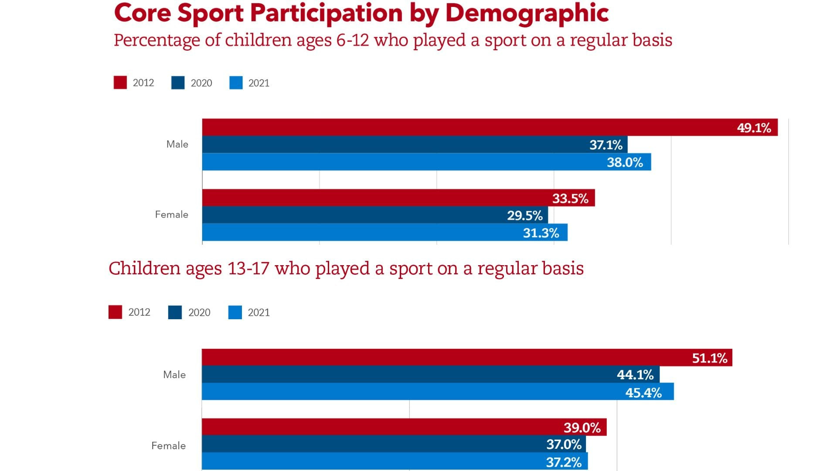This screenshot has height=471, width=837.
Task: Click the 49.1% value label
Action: click(754, 128)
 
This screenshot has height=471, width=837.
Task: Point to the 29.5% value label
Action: click(524, 215)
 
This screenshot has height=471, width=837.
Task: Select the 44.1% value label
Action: click(635, 375)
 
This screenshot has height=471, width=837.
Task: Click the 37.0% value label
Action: click(564, 444)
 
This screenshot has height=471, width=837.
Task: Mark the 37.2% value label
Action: click(564, 462)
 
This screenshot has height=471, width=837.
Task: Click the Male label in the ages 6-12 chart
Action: click(177, 144)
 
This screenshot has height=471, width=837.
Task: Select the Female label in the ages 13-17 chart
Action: click(168, 446)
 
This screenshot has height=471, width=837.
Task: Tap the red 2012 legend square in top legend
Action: click(120, 83)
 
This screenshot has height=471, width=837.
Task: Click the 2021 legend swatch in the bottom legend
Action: click(235, 312)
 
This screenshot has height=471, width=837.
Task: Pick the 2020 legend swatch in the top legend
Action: click(178, 83)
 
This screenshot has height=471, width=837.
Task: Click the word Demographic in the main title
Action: click(527, 13)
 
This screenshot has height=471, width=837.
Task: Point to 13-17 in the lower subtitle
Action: click(248, 268)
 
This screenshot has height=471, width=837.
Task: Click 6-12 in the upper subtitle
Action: click(352, 40)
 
